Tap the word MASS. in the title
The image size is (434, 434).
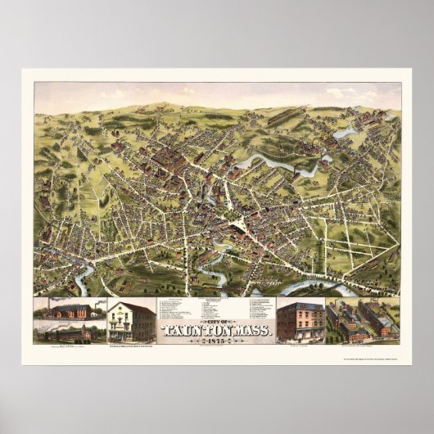pos(251,331)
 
